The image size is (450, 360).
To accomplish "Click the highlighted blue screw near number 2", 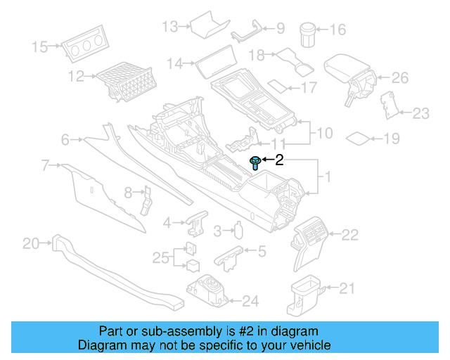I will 255,163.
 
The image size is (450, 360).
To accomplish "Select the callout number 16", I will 338,30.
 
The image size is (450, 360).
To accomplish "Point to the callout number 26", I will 399,77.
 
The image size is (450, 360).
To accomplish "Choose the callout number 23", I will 420,112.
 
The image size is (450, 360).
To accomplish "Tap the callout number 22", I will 349,233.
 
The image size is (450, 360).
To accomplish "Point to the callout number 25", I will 160,258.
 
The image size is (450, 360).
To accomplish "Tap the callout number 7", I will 45,166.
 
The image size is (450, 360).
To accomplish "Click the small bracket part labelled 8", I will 148,198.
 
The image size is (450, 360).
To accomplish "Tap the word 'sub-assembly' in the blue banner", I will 158,331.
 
